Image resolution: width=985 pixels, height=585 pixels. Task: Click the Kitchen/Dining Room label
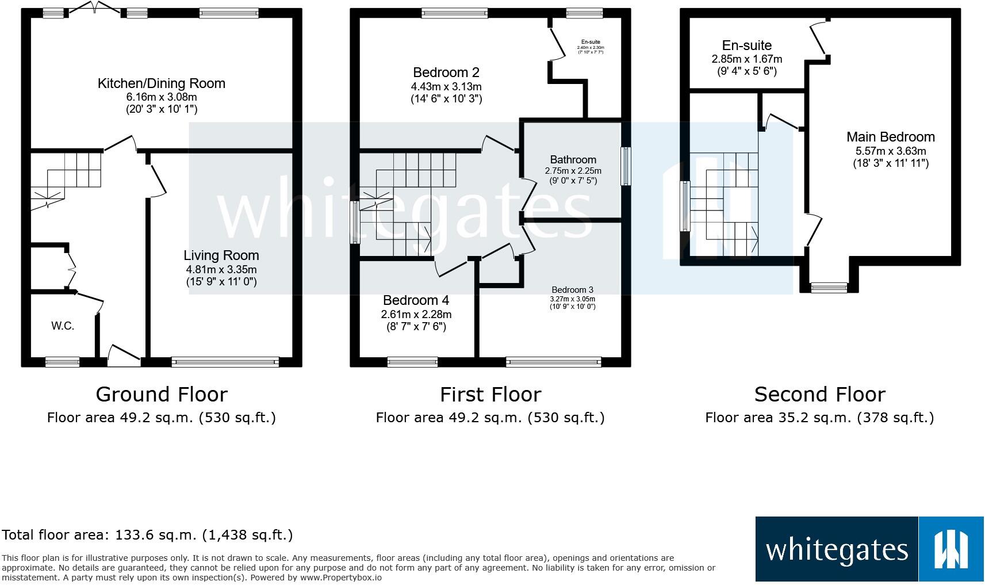[x=162, y=83]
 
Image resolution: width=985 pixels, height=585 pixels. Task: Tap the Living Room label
[x=221, y=255]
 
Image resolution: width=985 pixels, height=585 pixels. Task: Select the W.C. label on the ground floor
[x=63, y=326]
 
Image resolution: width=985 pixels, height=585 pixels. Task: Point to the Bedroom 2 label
[x=446, y=72]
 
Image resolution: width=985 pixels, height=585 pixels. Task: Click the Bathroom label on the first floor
[x=573, y=159]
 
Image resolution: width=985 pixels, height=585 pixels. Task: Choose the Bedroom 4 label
[x=416, y=300]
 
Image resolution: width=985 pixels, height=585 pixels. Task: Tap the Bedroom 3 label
[x=572, y=290]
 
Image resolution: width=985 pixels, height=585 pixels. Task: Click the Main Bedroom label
[x=890, y=137]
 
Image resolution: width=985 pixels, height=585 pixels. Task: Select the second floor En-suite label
[x=746, y=45]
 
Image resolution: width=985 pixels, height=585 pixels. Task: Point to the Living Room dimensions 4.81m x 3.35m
[x=221, y=269]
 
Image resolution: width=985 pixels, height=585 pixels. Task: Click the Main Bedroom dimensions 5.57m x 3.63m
[x=890, y=151]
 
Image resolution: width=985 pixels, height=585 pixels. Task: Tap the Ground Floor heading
[x=162, y=395]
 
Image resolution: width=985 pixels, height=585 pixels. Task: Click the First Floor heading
[x=490, y=395]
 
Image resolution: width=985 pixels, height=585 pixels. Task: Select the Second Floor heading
[x=819, y=395]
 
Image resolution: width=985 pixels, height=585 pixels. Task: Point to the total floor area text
[x=148, y=535]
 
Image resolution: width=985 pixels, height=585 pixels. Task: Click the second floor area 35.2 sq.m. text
[x=819, y=418]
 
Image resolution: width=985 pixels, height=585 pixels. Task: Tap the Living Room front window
[x=225, y=362]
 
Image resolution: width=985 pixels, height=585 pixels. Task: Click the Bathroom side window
[x=626, y=166]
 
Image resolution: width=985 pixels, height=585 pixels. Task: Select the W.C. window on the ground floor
[x=63, y=362]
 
